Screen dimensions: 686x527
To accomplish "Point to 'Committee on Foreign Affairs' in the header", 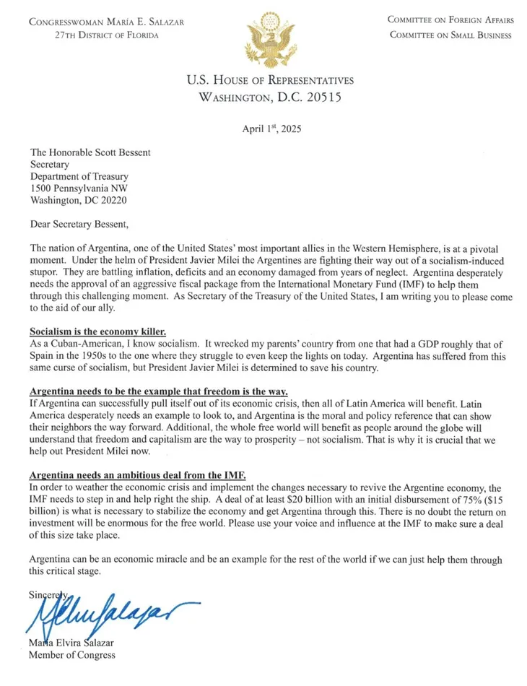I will coord(450,21).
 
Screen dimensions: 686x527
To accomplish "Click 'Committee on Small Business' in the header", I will coord(450,35).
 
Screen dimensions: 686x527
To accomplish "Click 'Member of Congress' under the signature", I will coord(71,655).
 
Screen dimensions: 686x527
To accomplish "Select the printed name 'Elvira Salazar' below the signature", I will coord(83,643).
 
